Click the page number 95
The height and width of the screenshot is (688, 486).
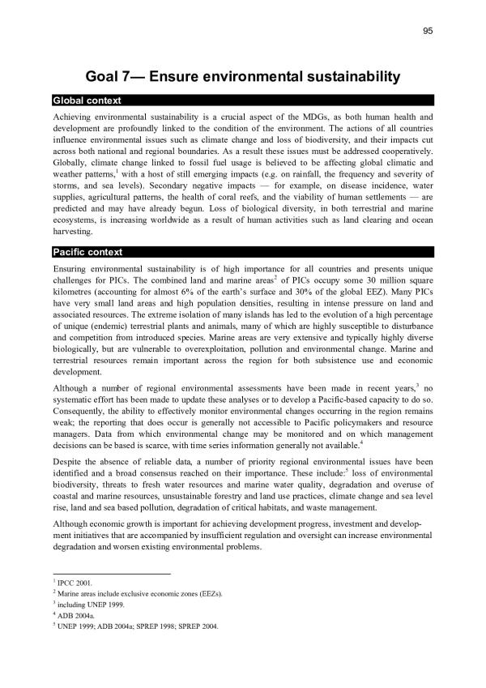click(x=428, y=31)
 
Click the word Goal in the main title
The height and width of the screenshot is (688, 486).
click(x=105, y=77)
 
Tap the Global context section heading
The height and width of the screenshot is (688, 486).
click(x=87, y=100)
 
